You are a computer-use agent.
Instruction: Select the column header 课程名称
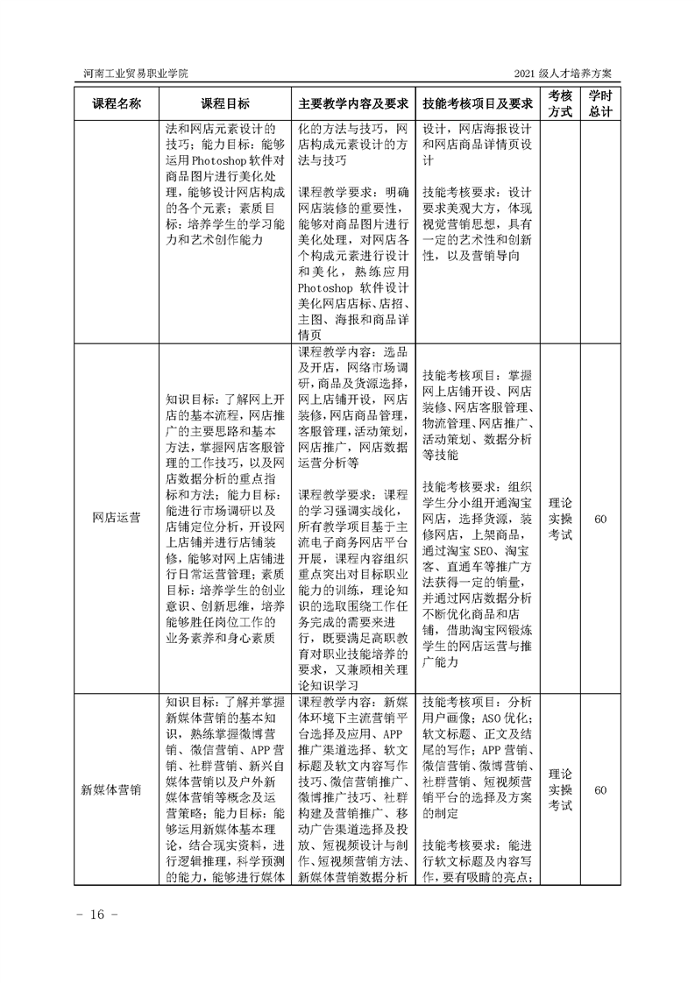[x=116, y=103]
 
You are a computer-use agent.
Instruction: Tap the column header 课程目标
[x=225, y=103]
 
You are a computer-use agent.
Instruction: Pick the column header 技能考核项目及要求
[x=478, y=103]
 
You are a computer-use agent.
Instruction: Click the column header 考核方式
[x=560, y=103]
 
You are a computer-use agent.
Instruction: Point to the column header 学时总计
[x=600, y=103]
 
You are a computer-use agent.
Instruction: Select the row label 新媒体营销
[x=116, y=789]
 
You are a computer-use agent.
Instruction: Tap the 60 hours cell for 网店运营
[x=600, y=519]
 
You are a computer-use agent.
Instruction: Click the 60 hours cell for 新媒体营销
[x=600, y=789]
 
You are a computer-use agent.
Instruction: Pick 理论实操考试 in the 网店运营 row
[x=560, y=519]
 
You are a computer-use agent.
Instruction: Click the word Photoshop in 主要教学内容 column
[x=329, y=286]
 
